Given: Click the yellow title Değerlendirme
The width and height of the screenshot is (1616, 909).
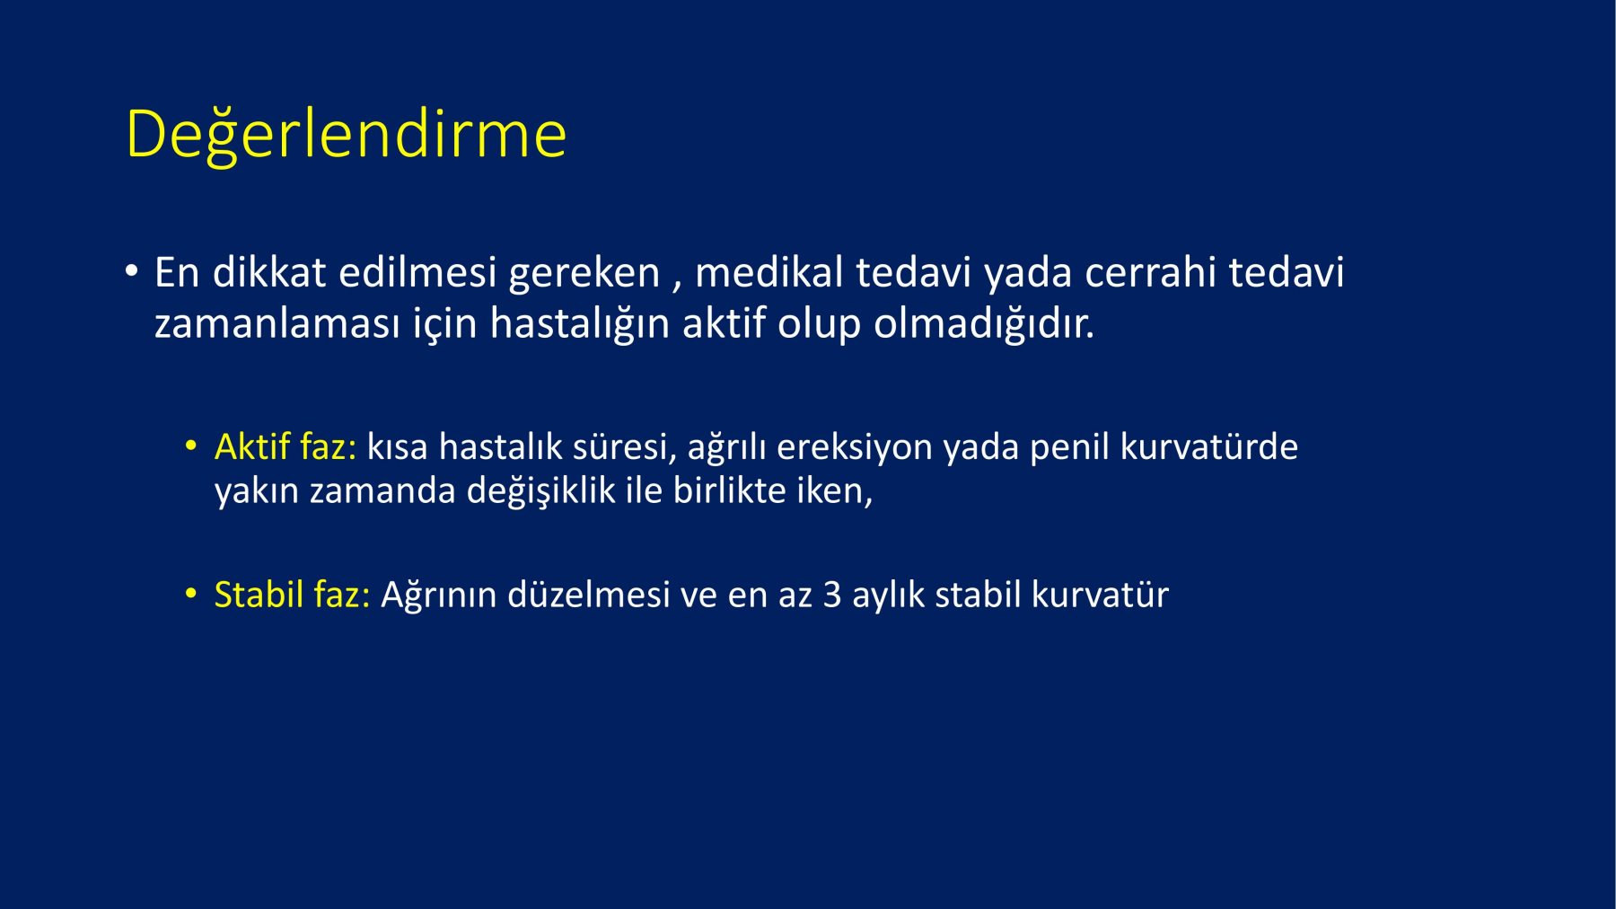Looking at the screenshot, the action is click(346, 135).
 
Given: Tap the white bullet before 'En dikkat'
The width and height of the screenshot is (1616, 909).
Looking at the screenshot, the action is click(132, 270).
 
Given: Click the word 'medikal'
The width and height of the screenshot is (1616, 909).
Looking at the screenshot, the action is click(769, 272).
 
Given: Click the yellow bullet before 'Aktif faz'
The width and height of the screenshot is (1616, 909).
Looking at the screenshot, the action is click(190, 445).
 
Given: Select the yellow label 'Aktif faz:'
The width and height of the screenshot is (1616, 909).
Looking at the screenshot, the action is click(285, 446).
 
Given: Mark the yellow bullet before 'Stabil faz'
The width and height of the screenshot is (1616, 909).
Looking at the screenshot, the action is click(190, 593).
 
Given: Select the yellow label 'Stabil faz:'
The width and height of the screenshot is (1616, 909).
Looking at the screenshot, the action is click(292, 595).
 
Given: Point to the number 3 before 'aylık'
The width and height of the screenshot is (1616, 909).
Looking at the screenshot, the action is click(832, 595).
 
